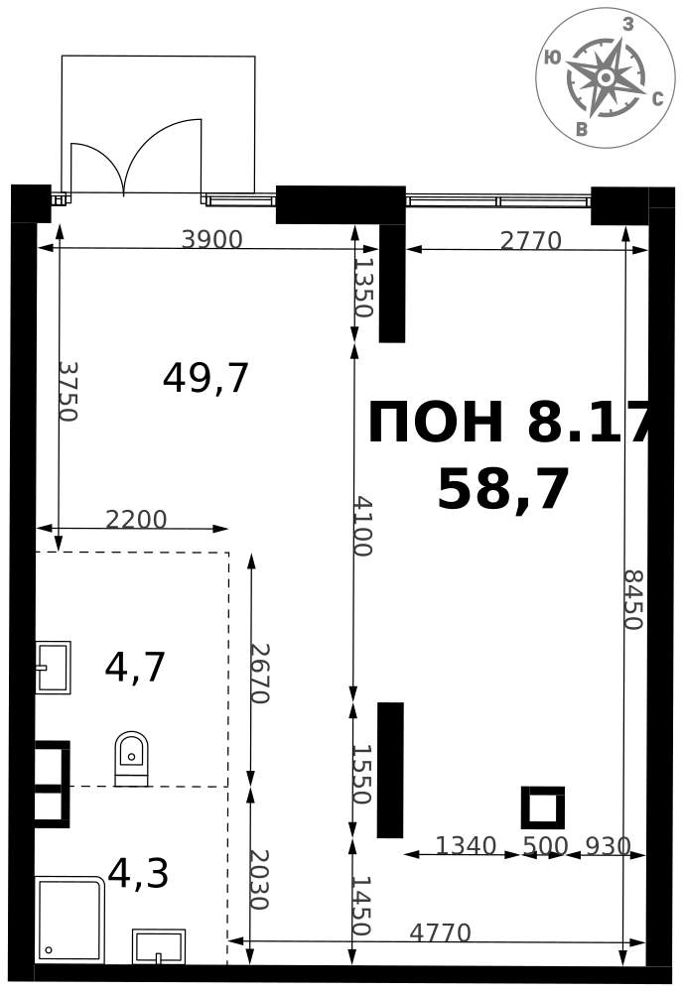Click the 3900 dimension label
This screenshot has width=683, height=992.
tap(212, 239)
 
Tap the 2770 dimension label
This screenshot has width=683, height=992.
tap(531, 241)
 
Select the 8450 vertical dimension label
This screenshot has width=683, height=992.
tap(632, 599)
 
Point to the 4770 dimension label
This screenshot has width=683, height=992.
tap(440, 932)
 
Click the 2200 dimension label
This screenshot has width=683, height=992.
tap(136, 519)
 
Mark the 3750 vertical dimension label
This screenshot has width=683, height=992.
tap(67, 391)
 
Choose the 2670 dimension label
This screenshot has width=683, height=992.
tap(259, 674)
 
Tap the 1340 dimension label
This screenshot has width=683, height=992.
tap(466, 846)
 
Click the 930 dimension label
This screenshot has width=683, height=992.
tap(609, 846)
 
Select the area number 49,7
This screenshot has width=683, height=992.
tap(205, 378)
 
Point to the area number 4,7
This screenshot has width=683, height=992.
tap(135, 668)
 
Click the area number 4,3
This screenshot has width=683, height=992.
tap(138, 874)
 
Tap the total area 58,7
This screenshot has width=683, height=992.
tap(503, 489)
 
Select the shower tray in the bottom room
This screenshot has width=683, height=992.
tap(70, 920)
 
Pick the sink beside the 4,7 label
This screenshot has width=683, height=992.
tap(53, 668)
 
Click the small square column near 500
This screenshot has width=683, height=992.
tap(543, 807)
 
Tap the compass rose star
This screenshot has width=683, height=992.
tap(605, 76)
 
